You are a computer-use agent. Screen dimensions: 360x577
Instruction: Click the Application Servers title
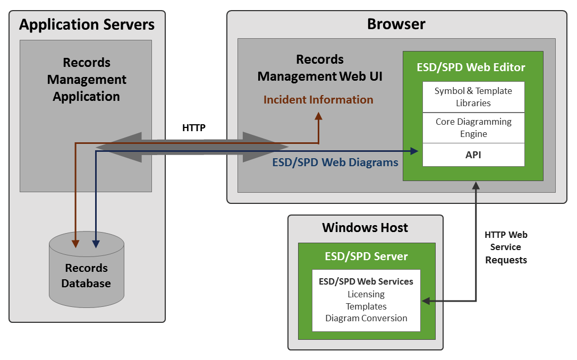(x=87, y=24)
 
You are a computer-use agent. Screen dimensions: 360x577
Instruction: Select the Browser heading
(x=396, y=24)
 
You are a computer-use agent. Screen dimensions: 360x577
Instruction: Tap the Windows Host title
(x=365, y=228)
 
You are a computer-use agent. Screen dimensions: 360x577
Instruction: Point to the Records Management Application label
(x=86, y=80)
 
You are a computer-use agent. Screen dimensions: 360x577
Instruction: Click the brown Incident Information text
(x=318, y=100)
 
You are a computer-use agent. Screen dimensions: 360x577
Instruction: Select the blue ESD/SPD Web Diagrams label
(x=335, y=162)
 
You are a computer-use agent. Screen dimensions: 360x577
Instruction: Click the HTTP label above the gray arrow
(x=193, y=127)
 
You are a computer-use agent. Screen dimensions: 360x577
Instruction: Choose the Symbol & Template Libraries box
(x=473, y=97)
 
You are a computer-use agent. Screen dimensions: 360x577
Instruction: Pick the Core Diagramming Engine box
(x=473, y=127)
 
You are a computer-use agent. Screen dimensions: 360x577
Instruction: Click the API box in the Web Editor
(x=473, y=155)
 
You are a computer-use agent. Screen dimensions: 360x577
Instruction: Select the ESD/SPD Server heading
(x=366, y=256)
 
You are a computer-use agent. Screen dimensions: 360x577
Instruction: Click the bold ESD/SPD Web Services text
(x=366, y=281)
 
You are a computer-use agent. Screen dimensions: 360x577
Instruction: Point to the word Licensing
(x=366, y=294)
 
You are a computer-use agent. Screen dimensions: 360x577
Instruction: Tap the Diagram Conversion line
(x=366, y=318)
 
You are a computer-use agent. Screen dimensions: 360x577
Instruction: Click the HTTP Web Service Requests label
(x=506, y=247)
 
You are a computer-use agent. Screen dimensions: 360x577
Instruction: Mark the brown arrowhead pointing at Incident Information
(x=318, y=116)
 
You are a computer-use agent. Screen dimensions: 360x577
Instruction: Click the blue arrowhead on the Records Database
(x=96, y=244)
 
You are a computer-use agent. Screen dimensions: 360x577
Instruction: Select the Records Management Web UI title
(x=320, y=68)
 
